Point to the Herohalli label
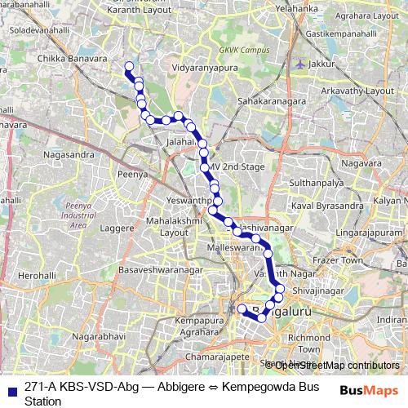coord(38,276)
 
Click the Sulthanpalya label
coord(319,185)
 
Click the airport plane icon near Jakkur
coord(304,64)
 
